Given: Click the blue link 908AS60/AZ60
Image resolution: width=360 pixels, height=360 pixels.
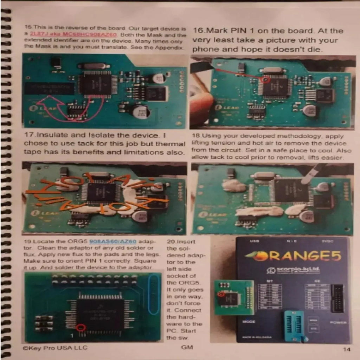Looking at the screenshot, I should click(x=112, y=242).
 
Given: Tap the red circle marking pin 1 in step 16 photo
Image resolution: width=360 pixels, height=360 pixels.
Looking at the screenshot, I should click(x=266, y=80).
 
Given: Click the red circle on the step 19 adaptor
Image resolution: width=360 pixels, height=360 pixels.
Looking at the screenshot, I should click(x=82, y=328).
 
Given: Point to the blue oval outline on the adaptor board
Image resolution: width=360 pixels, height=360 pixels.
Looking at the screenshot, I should click(x=154, y=294).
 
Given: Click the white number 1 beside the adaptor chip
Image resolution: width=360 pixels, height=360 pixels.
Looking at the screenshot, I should click(x=71, y=336).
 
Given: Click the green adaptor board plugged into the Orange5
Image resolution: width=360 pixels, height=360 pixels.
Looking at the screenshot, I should click(x=233, y=297).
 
